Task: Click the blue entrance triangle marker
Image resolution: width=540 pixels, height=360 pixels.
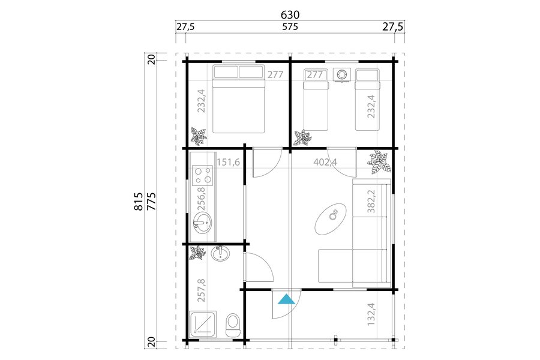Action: pos(286,299)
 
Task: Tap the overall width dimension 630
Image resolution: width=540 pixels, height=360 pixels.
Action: pos(290,15)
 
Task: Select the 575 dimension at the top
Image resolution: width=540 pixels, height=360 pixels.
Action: pos(290,27)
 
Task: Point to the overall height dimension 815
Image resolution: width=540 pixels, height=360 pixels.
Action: pos(139,201)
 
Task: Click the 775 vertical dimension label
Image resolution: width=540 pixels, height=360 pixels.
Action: pos(151,201)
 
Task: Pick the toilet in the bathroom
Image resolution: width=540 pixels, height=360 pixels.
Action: pos(233,326)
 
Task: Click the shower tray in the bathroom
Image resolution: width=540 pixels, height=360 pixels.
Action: pos(203,324)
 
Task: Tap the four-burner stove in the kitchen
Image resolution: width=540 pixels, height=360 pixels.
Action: pos(203,175)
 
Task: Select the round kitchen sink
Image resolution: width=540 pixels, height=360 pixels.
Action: pos(202,223)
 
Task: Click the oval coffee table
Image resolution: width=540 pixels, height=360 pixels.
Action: pos(330,219)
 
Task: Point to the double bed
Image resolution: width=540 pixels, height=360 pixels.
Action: pos(239,99)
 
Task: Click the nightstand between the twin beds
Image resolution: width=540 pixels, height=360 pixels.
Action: pos(341,75)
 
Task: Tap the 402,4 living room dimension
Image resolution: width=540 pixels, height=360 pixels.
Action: pos(325,162)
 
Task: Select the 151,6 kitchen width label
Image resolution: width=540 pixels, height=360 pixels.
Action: pos(228,162)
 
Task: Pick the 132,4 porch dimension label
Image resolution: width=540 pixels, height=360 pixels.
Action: pos(371,314)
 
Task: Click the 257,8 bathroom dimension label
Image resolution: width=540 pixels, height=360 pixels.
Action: pos(202,290)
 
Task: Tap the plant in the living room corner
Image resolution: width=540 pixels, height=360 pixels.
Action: pos(379,162)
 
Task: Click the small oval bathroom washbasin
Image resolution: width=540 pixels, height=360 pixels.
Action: pos(220,254)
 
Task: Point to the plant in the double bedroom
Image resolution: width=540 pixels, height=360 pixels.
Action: pos(199,136)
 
